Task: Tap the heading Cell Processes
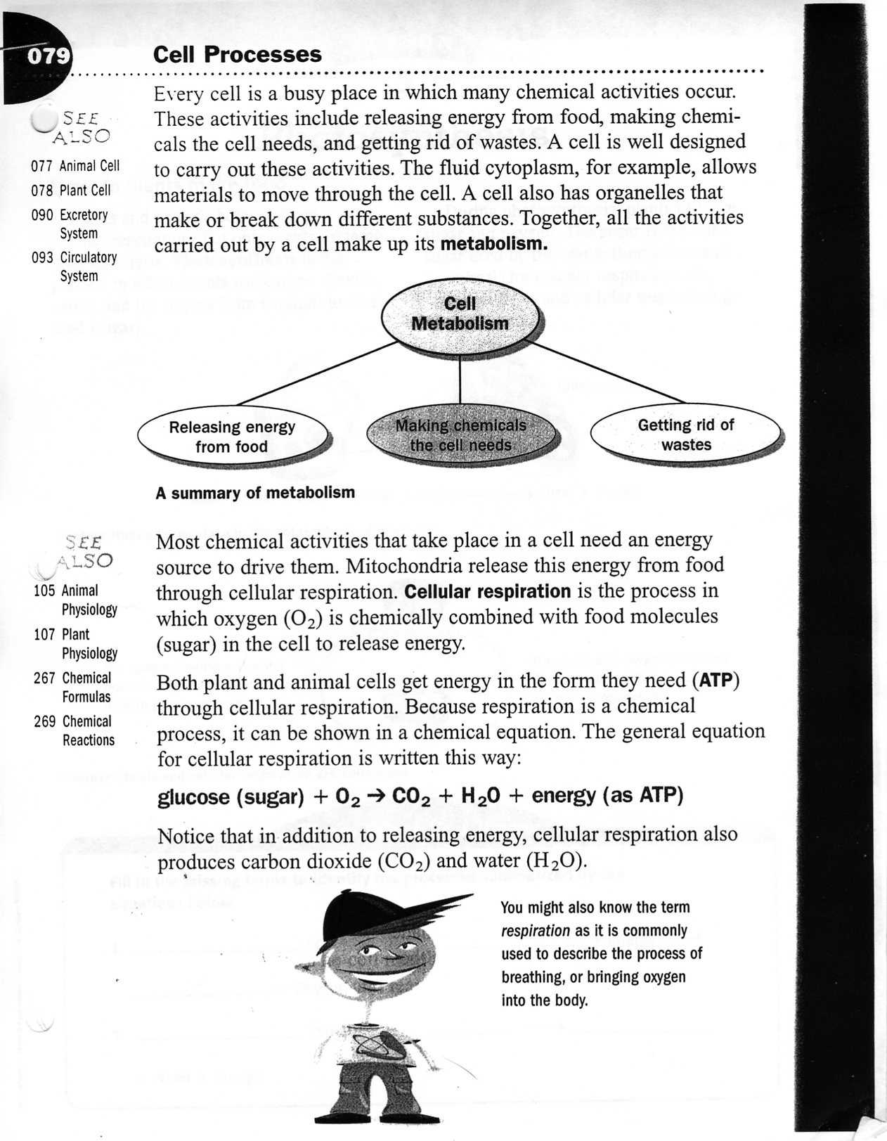pyautogui.click(x=237, y=54)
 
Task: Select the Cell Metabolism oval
pyautogui.click(x=460, y=314)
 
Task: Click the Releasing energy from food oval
pyautogui.click(x=232, y=437)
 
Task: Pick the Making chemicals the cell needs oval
pyautogui.click(x=460, y=436)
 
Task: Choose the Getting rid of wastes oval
pyautogui.click(x=685, y=434)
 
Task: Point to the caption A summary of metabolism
pyautogui.click(x=255, y=493)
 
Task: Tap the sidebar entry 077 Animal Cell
pyautogui.click(x=75, y=166)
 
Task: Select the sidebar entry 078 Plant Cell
pyautogui.click(x=71, y=191)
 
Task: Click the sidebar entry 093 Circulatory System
pyautogui.click(x=75, y=266)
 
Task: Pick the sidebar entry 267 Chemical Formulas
pyautogui.click(x=72, y=687)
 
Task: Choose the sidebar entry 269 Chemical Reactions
pyautogui.click(x=74, y=730)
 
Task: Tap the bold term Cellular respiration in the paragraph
pyautogui.click(x=488, y=591)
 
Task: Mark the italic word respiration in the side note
pyautogui.click(x=535, y=931)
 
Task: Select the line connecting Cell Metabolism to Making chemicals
pyautogui.click(x=460, y=380)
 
